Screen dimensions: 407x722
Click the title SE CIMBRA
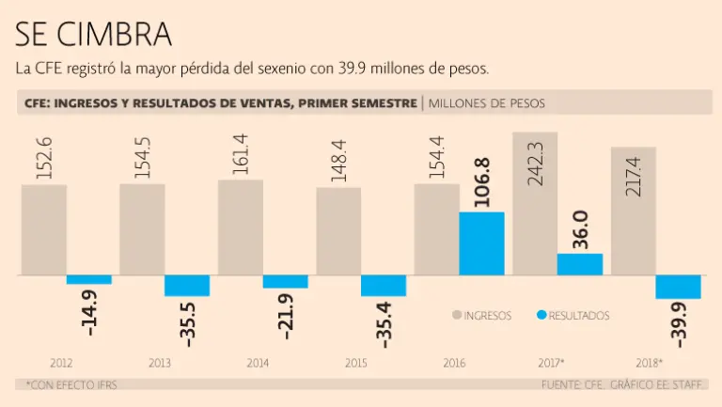pos(93,34)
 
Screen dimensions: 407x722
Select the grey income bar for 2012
pos(43,229)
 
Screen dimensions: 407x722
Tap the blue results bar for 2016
pos(481,243)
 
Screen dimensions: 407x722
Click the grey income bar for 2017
pos(535,203)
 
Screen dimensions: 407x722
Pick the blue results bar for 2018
pos(678,287)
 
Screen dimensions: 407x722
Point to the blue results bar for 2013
pos(187,286)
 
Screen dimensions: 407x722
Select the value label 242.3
pos(536,162)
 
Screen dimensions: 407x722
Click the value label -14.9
pos(90,312)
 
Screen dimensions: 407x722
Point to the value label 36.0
pos(581,229)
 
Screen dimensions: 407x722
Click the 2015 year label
pos(355,362)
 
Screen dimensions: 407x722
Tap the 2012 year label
pos(61,362)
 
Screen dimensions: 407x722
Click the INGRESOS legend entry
pos(481,316)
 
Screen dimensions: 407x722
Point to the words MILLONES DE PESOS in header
pos(486,102)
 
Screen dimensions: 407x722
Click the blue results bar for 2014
pos(285,281)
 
